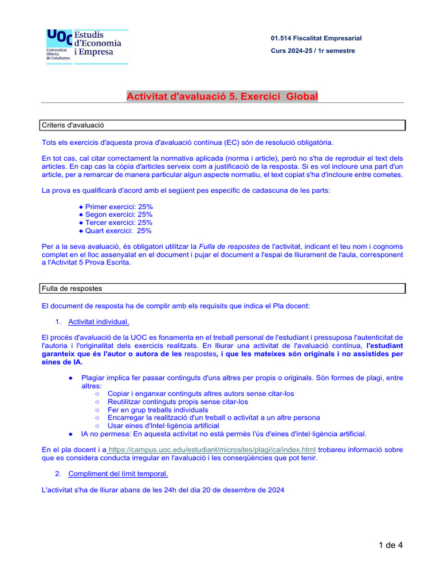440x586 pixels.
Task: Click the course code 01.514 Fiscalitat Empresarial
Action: point(316,38)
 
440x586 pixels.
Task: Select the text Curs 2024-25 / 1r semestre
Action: point(313,51)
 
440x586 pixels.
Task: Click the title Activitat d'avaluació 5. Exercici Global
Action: point(222,97)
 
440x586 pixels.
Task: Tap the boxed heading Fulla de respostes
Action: point(72,288)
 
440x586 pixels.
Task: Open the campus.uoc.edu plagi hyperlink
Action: point(211,450)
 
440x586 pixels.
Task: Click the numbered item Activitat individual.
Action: point(99,322)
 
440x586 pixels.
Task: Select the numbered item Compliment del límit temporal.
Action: point(118,474)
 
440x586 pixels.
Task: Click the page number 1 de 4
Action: point(391,545)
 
